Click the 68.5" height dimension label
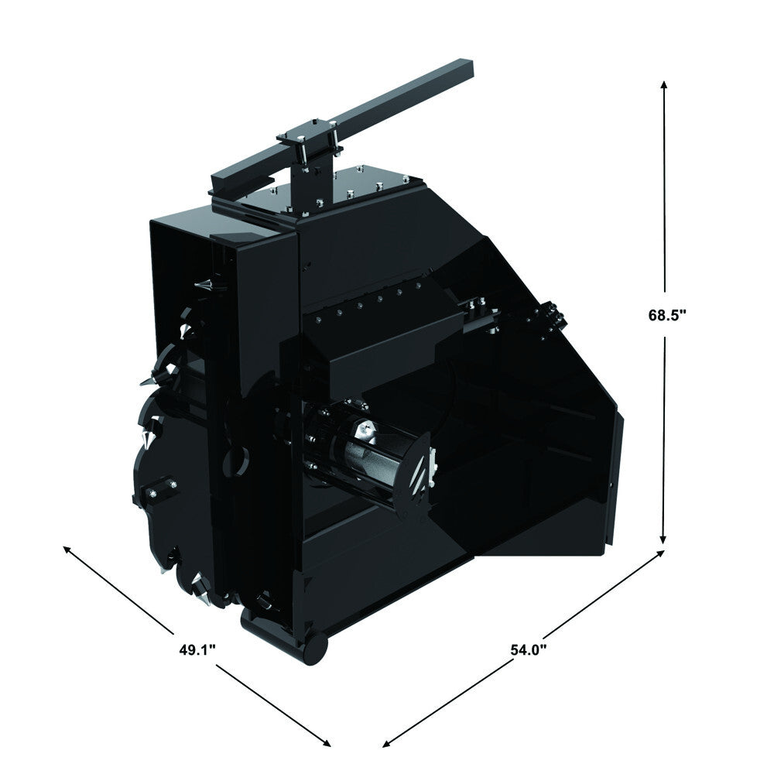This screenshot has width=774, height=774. [x=667, y=315]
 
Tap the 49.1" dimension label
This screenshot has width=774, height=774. [x=197, y=649]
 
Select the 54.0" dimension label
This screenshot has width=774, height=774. [x=529, y=649]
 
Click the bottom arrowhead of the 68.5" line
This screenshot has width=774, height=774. [x=664, y=540]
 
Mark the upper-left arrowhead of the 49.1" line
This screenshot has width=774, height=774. [x=67, y=549]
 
